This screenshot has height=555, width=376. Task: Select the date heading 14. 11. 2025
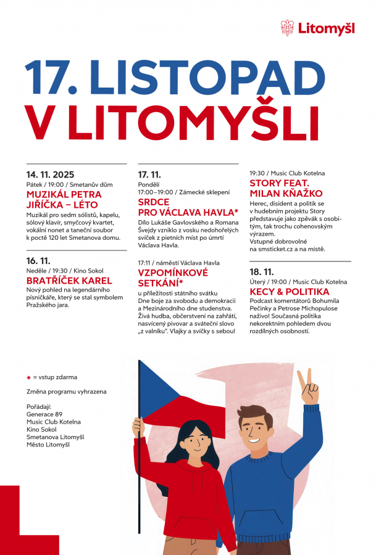click(x=50, y=175)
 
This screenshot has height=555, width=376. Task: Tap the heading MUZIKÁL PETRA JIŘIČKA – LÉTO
click(x=64, y=199)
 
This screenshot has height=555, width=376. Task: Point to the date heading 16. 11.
click(x=38, y=261)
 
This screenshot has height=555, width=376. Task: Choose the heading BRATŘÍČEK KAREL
click(x=69, y=281)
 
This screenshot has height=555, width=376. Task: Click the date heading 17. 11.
click(x=149, y=175)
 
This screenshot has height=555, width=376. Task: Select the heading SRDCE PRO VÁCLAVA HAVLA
click(x=188, y=207)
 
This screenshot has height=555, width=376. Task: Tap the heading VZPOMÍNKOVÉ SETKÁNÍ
click(x=173, y=277)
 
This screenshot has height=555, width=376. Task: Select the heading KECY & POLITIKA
click(x=290, y=292)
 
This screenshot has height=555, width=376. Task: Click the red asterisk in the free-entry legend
click(x=28, y=377)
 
